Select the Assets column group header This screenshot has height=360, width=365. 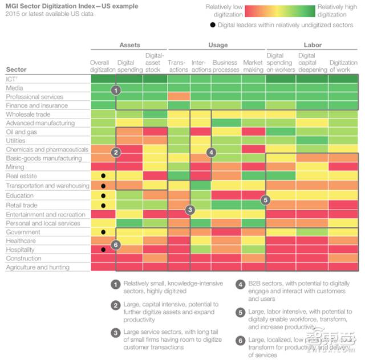coord(130,45)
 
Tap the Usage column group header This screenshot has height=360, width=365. coord(217,45)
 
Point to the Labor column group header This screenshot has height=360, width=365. coord(313,45)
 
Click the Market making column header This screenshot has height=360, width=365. coord(253,66)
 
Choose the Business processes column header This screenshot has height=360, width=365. coord(225,66)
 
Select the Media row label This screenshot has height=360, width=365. coord(15,88)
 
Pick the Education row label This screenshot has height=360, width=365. coord(20,195)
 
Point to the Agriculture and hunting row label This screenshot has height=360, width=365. coord(38,267)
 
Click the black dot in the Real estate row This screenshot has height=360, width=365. coord(103,177)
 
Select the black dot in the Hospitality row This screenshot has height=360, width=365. coord(103,250)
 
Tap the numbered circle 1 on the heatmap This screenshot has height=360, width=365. coord(116,90)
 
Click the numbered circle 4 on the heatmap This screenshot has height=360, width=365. coord(211,152)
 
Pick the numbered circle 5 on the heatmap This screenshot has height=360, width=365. coord(265,200)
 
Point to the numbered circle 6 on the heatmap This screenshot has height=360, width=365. coord(116,244)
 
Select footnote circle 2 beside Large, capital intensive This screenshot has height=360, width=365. coord(115,305)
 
